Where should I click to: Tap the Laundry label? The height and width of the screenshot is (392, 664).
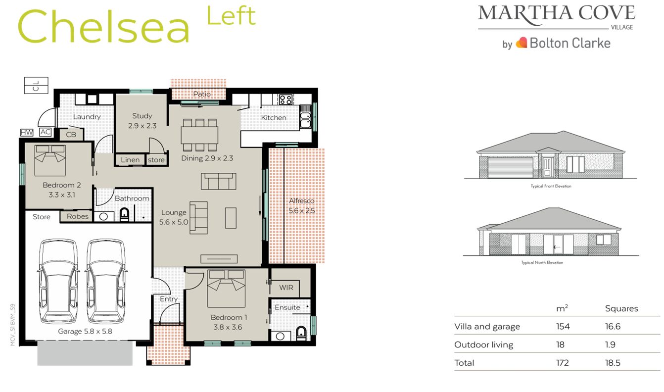point(87,117)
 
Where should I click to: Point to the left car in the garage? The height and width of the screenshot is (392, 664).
point(58,281)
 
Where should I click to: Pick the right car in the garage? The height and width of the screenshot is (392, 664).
point(105,281)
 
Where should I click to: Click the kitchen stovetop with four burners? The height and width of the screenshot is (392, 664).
point(285,99)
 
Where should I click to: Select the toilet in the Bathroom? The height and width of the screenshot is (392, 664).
point(124,215)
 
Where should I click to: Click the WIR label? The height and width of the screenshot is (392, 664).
point(286,288)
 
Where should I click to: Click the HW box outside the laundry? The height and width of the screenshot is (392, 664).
point(26,132)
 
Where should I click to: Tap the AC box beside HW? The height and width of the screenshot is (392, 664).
point(45,132)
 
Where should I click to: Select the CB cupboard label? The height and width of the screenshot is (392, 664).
point(71,134)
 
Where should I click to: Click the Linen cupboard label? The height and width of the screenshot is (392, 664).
point(130,160)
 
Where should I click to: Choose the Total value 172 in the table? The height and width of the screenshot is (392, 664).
point(562,363)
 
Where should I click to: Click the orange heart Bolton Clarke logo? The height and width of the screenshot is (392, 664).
point(521,43)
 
